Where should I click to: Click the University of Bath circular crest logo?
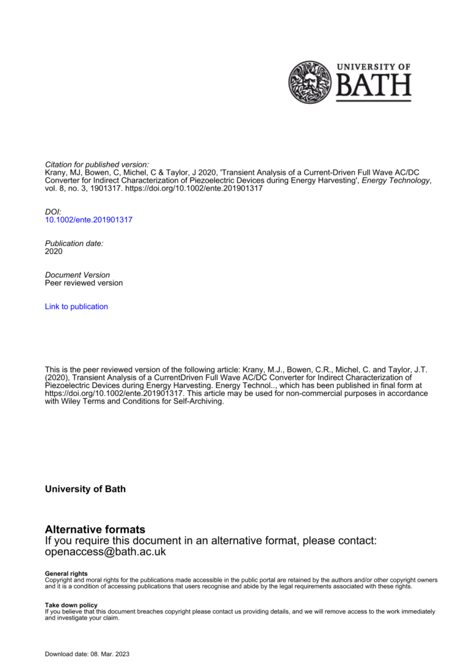point(310,82)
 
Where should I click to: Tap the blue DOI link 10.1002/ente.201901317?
point(89,219)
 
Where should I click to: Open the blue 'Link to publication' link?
point(76,307)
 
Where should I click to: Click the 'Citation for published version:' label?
point(97,165)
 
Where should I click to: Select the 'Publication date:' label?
point(75,243)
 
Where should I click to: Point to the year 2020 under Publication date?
point(54,251)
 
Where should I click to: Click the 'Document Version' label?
point(78,275)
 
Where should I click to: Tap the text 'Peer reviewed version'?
point(84,283)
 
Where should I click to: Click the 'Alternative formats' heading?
point(95,529)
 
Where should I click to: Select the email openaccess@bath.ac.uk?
point(106,552)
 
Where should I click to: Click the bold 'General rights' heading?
point(66,574)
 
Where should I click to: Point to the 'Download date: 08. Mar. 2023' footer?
point(87,654)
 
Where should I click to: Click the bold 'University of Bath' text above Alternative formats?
point(85,489)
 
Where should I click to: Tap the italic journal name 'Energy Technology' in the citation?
point(396,181)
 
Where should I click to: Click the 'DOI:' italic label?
point(53,211)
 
